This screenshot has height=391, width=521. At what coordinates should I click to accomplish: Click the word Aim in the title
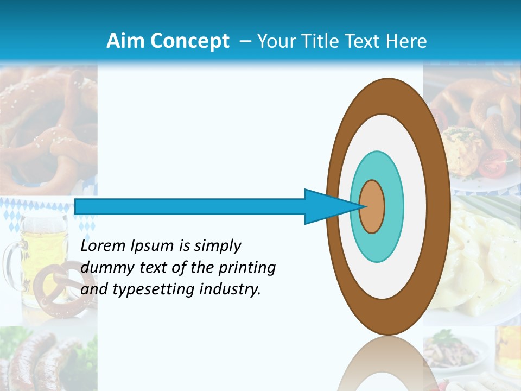[125, 41]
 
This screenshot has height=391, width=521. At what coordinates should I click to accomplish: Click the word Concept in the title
[189, 41]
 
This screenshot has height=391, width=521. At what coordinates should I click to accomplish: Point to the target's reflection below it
[387, 364]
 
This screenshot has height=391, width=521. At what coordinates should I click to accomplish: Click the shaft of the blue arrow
[190, 206]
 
